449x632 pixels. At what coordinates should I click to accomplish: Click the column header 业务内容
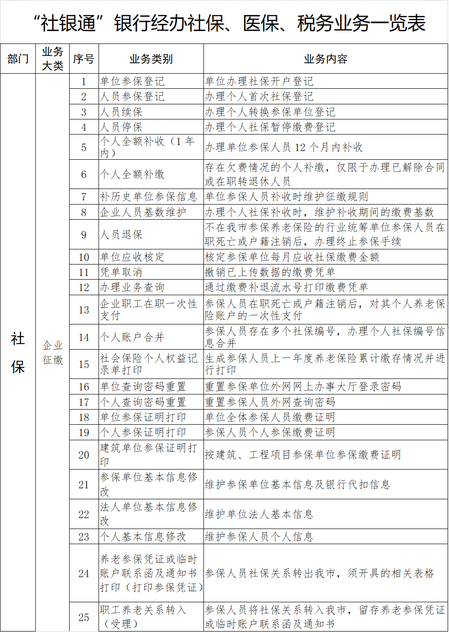coord(325,59)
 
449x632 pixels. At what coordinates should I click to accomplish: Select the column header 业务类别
coord(151,59)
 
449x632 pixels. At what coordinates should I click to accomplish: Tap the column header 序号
coord(84,59)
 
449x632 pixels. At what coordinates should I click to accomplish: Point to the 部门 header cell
coord(18,59)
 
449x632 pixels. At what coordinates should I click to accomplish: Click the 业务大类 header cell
coord(53,59)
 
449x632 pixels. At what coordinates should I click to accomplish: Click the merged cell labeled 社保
coord(18,352)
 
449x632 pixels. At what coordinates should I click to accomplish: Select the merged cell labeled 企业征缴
coord(53,352)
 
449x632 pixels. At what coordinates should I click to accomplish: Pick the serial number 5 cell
coord(84,147)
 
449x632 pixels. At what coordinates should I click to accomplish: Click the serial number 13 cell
coord(84,310)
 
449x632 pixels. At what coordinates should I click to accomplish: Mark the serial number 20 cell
coord(84,455)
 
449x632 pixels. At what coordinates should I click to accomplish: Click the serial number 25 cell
coord(84,617)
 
